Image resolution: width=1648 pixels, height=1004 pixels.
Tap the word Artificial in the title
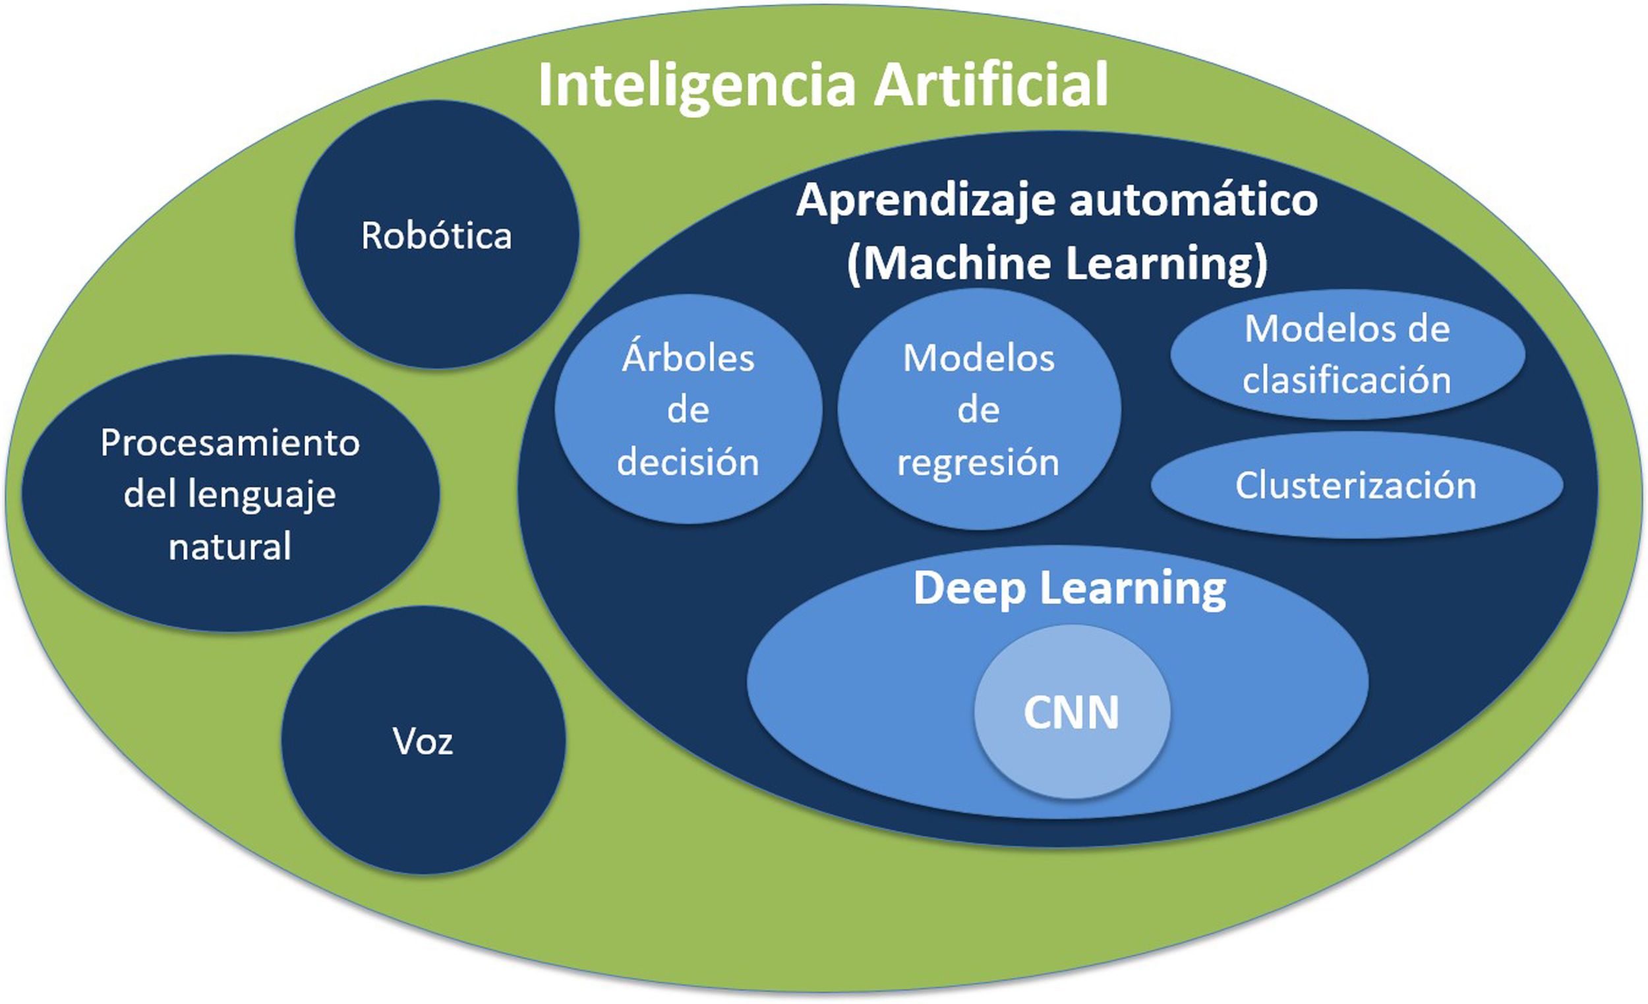pos(991,84)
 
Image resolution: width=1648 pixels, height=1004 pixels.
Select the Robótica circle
pos(437,235)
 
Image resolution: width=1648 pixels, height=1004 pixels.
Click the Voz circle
pos(423,741)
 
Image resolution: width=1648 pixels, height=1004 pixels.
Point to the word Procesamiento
pos(230,443)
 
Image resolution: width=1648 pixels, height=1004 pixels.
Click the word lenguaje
pos(262,495)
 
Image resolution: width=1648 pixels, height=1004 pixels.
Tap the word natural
pos(230,546)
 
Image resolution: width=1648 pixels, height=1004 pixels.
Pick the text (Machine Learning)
pos(1057,263)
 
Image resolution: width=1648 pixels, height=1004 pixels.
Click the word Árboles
pos(688,358)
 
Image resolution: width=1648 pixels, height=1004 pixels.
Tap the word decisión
pos(688,461)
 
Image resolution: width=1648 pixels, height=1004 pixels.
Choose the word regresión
pos(978,463)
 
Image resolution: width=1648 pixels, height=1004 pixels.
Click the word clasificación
pos(1347,380)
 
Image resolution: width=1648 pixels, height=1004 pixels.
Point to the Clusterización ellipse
pos(1356,485)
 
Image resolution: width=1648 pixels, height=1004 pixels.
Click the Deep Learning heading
pos(1069,589)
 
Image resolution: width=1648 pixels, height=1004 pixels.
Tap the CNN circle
pos(1071,713)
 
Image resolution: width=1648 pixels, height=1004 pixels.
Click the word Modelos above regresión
pos(978,358)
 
